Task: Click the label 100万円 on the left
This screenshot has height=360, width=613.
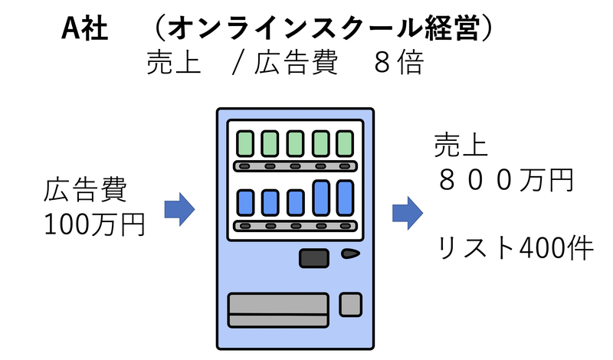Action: (x=94, y=224)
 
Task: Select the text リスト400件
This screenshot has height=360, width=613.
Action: (x=515, y=247)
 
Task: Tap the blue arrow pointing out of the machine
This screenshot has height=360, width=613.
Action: (x=408, y=212)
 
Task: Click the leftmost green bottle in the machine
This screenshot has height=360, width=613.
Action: (x=245, y=143)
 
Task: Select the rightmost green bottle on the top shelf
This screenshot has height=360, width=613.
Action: (x=345, y=143)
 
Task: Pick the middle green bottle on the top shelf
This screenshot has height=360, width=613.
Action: (x=295, y=143)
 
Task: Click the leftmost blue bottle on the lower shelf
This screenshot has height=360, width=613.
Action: (x=245, y=202)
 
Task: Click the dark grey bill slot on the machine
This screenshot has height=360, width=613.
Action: (x=313, y=258)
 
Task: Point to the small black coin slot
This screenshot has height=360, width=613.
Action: (x=351, y=254)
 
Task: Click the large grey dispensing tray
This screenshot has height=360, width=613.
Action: (x=278, y=309)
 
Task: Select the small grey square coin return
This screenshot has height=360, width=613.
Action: (x=350, y=304)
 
